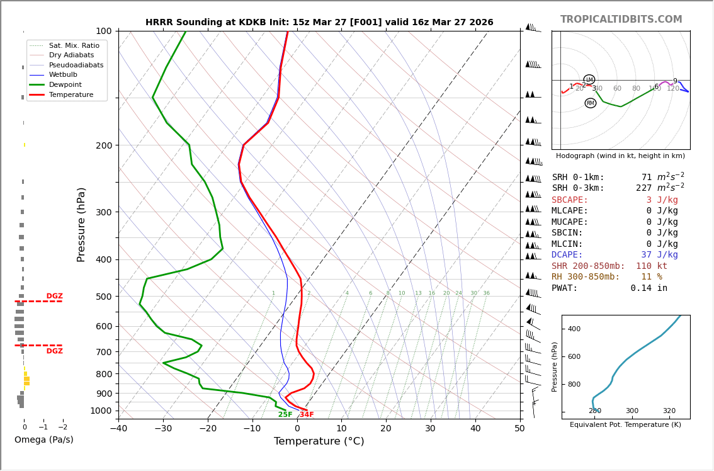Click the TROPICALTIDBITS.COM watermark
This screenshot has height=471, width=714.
621,20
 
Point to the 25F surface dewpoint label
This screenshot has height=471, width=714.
285,414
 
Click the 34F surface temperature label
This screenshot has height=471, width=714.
307,414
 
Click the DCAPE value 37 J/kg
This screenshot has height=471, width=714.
659,255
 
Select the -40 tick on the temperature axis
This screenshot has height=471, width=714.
118,429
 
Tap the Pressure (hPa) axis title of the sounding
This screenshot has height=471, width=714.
82,224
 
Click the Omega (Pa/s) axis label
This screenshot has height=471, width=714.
44,440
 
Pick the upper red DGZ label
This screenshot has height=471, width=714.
55,296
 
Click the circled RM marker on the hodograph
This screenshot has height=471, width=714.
590,103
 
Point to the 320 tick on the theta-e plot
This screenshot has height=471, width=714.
669,411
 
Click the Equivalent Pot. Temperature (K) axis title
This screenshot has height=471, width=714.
625,425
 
